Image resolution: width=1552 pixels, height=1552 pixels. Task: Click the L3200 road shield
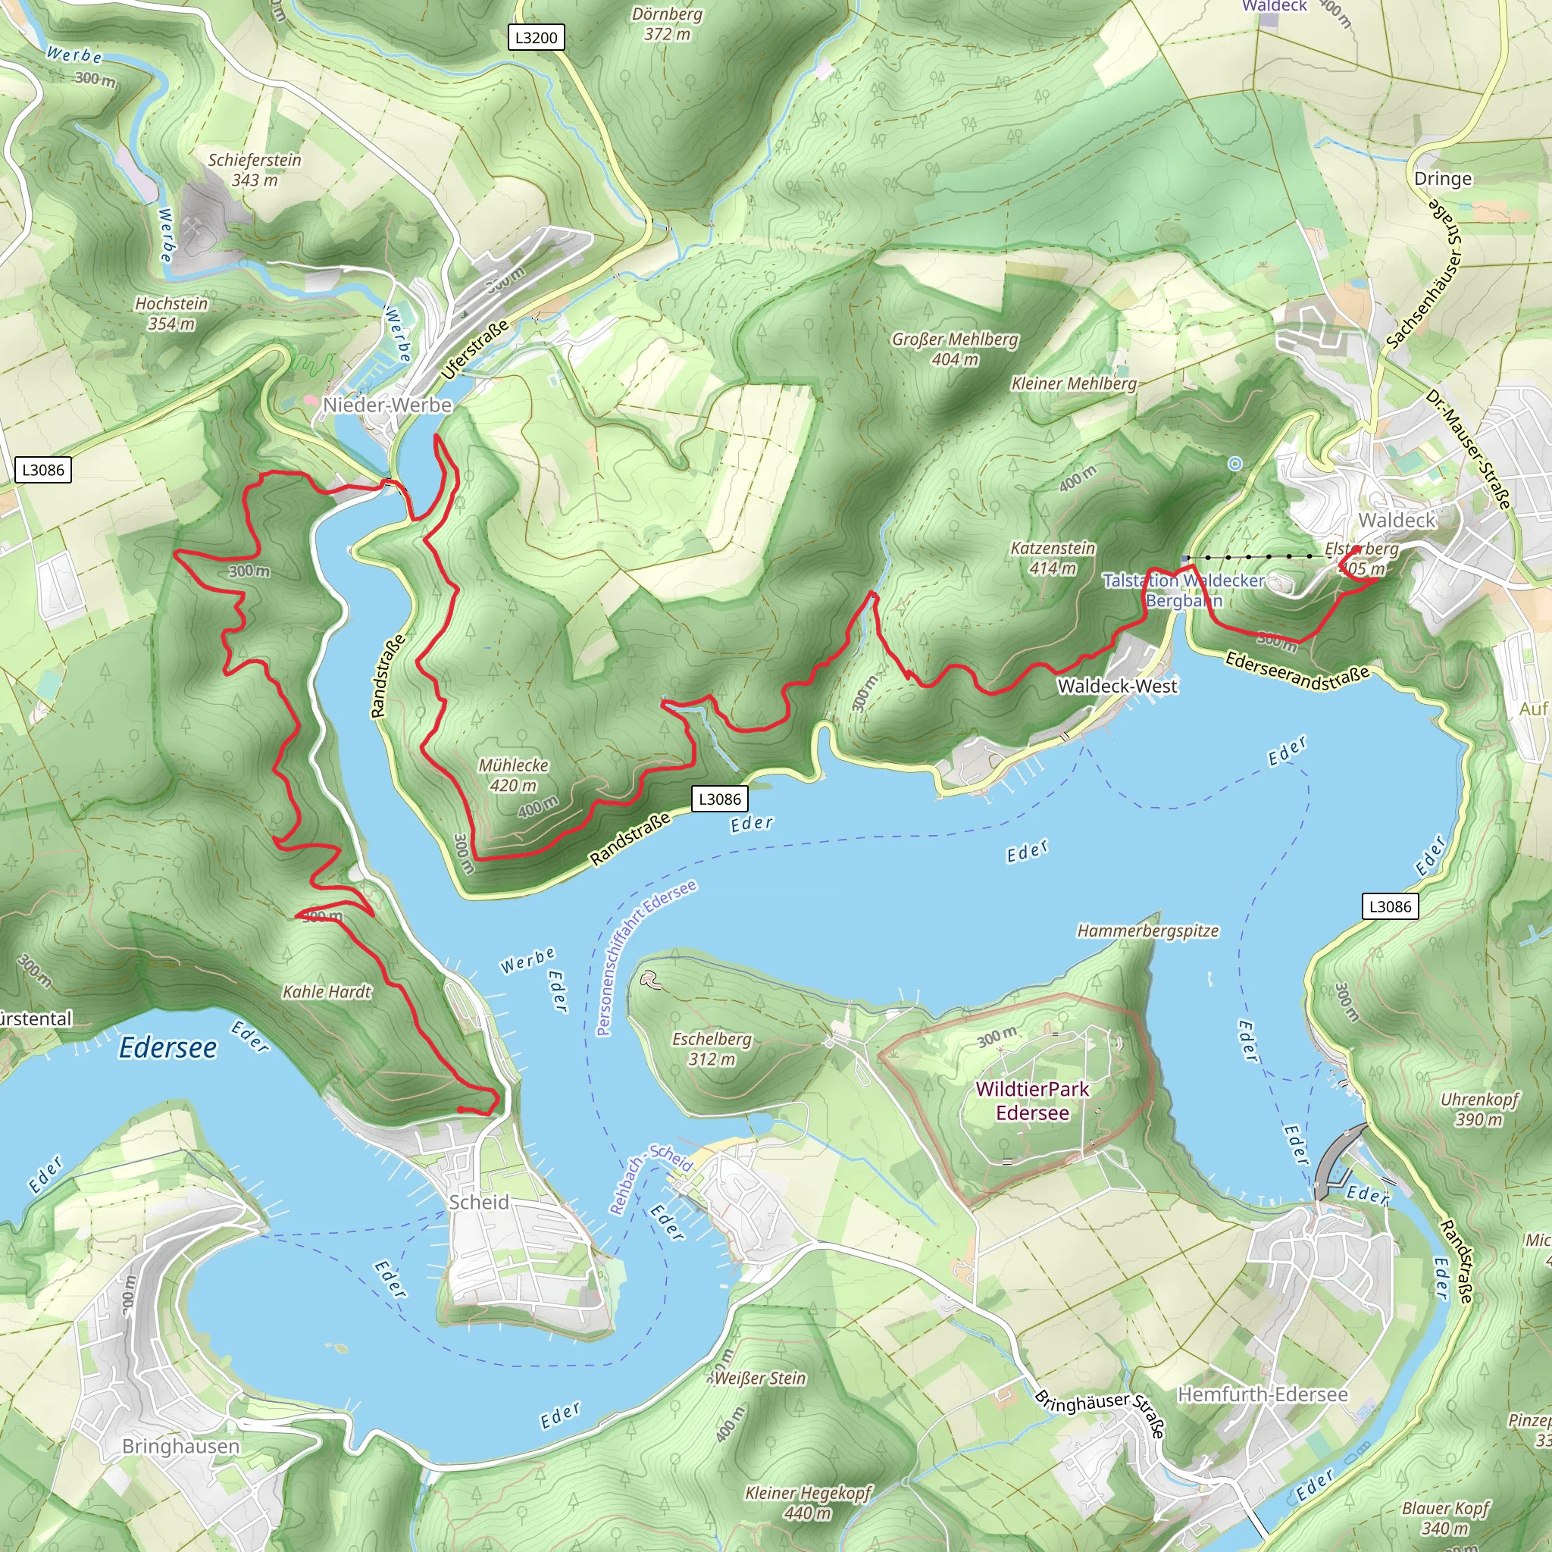[x=536, y=37]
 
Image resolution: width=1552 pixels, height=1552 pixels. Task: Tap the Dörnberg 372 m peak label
[x=667, y=24]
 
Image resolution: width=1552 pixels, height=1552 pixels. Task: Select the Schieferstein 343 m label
[x=255, y=170]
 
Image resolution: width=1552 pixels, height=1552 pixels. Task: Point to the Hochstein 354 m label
[x=171, y=313]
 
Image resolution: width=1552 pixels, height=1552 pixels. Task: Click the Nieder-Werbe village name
[x=387, y=405]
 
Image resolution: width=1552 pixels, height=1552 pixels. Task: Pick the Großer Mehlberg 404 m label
[x=954, y=349]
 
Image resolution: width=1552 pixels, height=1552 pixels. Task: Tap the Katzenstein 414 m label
[x=1053, y=558]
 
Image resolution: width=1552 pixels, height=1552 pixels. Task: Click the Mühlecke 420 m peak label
[x=513, y=775]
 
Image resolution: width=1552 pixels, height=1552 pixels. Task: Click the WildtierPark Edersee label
[x=1032, y=1100]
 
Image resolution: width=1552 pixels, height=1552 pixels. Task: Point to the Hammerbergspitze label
[x=1147, y=931]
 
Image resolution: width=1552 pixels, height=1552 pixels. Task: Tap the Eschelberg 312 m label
[x=712, y=1048]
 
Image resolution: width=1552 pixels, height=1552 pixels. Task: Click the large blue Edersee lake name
[x=168, y=1047]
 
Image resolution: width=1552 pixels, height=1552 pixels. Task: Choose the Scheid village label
[x=479, y=1202]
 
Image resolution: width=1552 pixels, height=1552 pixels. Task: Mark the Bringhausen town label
[x=181, y=1446]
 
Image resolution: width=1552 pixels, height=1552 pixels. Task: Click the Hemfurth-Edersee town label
[x=1263, y=1394]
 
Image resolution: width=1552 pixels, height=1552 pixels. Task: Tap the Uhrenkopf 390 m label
[x=1480, y=1109]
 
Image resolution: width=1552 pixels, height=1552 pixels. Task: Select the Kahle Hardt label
[x=327, y=992]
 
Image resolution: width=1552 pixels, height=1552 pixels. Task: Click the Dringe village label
[x=1443, y=178]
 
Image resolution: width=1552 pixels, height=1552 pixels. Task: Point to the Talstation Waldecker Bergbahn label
[x=1183, y=590]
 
